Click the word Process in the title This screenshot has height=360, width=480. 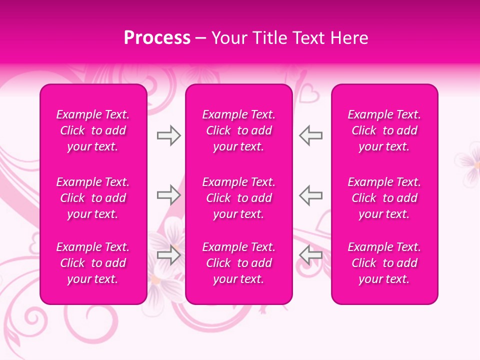click(x=157, y=38)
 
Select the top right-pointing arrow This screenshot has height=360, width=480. click(x=168, y=135)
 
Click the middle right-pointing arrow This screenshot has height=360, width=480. click(x=168, y=195)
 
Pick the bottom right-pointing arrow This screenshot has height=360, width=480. click(x=168, y=254)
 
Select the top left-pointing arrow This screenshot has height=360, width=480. click(x=311, y=135)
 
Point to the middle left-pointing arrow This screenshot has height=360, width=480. click(x=311, y=195)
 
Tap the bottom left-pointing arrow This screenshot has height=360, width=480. click(x=311, y=254)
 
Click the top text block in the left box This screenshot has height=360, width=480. click(x=93, y=130)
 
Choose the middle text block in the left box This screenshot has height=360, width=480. click(x=93, y=198)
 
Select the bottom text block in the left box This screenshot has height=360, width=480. click(x=93, y=263)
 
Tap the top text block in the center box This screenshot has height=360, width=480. click(x=238, y=130)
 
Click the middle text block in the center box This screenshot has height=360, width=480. click(x=238, y=198)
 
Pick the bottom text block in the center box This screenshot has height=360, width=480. click(x=238, y=263)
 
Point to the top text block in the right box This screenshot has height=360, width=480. click(x=384, y=130)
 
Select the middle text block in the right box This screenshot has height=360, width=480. click(x=384, y=198)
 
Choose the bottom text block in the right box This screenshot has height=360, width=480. click(x=384, y=263)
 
